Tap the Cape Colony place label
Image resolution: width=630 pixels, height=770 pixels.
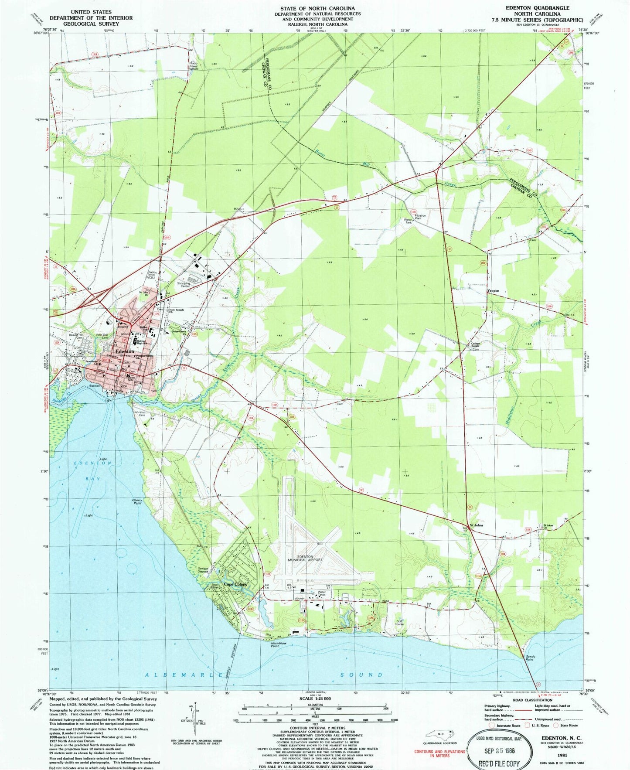click(x=235, y=584)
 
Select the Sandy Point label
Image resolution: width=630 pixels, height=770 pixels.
click(x=530, y=658)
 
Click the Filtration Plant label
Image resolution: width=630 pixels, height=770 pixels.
click(x=420, y=217)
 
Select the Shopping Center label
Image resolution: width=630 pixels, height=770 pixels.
click(x=183, y=284)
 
